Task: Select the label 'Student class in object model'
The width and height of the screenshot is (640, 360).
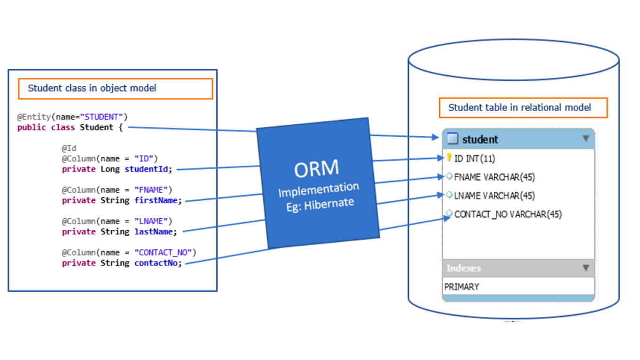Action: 92,89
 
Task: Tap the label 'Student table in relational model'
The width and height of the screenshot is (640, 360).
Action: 519,108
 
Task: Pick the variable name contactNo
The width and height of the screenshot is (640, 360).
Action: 157,263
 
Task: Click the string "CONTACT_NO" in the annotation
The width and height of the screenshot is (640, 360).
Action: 163,253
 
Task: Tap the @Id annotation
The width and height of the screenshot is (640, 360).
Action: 69,148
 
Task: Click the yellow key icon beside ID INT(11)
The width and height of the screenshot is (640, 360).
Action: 449,158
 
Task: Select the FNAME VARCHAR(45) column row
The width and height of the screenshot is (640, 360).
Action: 494,177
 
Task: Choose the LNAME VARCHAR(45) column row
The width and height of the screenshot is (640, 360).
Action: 494,196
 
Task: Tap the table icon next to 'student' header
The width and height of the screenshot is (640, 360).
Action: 452,139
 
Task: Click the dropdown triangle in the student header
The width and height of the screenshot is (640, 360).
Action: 586,139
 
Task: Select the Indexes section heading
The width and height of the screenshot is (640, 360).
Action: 464,268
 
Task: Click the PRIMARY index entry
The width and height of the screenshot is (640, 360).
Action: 462,286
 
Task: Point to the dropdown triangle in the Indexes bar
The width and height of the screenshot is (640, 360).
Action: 586,268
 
